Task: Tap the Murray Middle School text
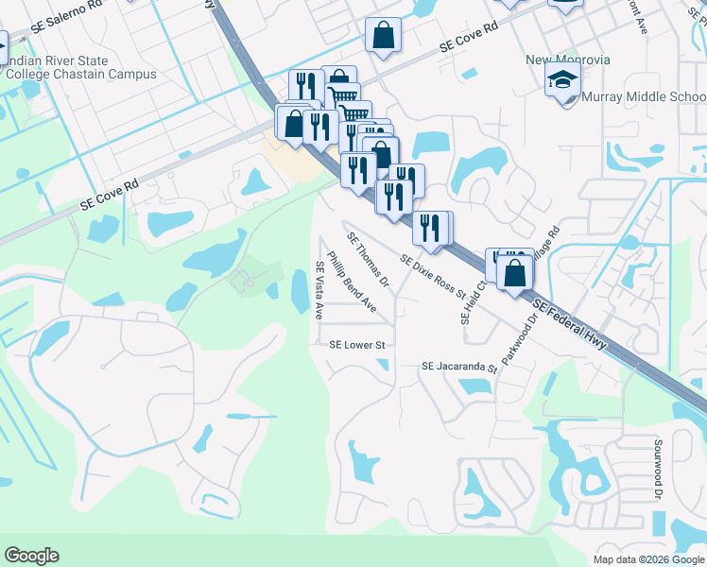click(643, 97)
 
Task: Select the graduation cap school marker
click(562, 81)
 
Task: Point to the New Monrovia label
click(568, 60)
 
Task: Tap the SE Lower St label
click(357, 346)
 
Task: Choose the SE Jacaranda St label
click(459, 366)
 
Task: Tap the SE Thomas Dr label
click(369, 260)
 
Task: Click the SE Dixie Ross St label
click(434, 276)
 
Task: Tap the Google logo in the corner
click(31, 556)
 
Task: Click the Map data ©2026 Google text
click(648, 559)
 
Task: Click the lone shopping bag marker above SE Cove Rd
click(384, 36)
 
